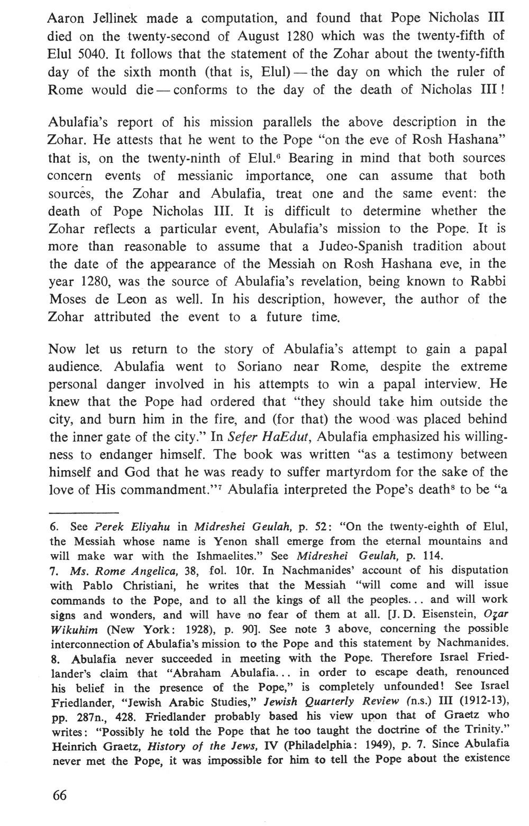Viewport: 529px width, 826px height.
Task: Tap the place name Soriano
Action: (251, 367)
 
